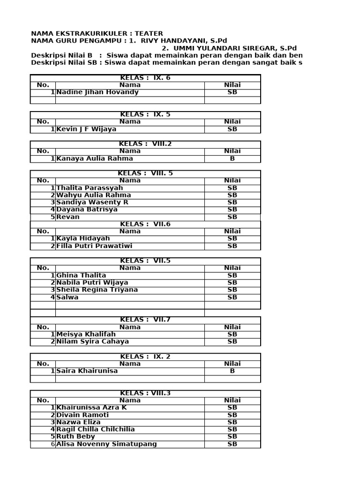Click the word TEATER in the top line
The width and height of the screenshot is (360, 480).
[x=149, y=34]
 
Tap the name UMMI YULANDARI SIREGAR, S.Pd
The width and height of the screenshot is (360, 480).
[x=229, y=48]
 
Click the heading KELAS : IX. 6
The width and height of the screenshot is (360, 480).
[x=145, y=78]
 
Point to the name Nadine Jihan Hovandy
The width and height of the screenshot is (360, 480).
[x=97, y=92]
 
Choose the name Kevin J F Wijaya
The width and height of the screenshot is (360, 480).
[x=86, y=129]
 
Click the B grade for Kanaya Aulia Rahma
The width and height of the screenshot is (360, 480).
[x=232, y=158]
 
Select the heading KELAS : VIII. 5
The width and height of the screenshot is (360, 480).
[x=145, y=173]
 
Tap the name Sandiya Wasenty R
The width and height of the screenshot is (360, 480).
[x=92, y=202]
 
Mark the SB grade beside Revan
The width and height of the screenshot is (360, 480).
[x=232, y=217]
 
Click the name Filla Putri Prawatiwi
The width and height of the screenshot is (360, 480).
[x=94, y=246]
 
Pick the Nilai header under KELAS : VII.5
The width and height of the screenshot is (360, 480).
[x=232, y=268]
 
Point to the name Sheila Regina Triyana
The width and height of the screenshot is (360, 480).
[x=97, y=290]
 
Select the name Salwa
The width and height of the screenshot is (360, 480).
[x=67, y=297]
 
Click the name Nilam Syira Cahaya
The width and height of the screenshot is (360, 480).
[x=93, y=342]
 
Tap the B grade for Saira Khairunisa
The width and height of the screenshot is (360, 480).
[x=232, y=371]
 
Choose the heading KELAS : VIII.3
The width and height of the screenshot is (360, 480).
[x=145, y=393]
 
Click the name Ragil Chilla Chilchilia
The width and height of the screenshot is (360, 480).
[x=96, y=429]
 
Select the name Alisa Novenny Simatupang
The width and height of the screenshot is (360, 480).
[x=106, y=444]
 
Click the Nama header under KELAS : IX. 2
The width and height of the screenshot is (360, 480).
[x=130, y=364]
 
